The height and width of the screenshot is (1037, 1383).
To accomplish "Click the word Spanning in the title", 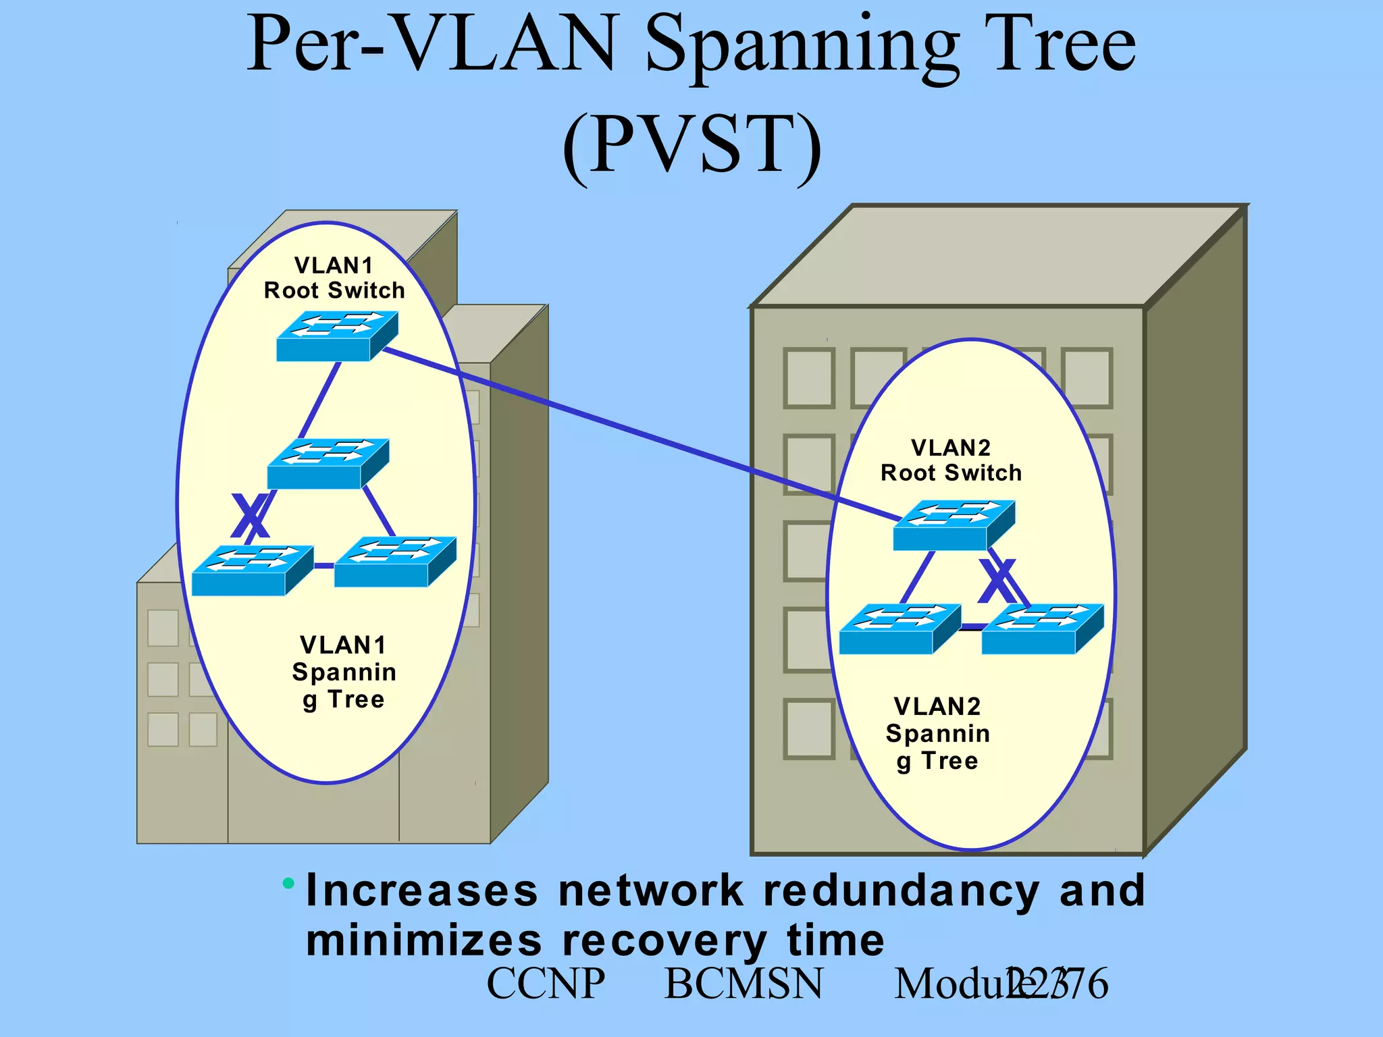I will point(802,46).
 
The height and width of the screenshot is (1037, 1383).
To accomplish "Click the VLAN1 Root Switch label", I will point(334,278).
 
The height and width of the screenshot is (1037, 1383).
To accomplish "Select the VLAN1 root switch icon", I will point(336,336).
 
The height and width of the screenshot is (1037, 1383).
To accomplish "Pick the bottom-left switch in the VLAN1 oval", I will point(252,570).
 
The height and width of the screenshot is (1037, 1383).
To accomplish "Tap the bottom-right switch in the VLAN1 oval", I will point(395,561).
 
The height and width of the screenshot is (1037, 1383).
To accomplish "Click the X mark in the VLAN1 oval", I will point(251,516).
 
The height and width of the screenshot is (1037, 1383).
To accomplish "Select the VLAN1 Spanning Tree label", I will point(344,672).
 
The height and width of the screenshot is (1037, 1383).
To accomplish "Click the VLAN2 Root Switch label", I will point(951,460).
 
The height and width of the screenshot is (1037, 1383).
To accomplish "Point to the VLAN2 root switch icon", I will point(954,525).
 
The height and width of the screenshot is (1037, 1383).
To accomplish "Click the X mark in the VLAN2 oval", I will point(998,581).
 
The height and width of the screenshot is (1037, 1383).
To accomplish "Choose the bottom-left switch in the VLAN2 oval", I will point(899,629).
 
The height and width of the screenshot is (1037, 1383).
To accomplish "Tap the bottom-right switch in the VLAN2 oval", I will point(1042,629).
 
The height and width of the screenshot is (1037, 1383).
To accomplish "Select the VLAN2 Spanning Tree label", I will point(937,733).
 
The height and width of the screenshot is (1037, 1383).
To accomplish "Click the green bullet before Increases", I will point(289,882).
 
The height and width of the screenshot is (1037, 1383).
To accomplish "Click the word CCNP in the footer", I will point(546,984).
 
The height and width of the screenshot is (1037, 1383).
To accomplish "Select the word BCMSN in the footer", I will point(743,984).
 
